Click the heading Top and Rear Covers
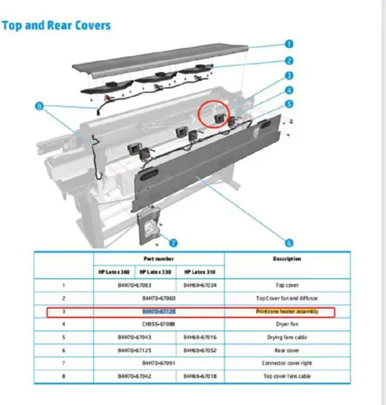56,25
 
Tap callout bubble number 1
289,44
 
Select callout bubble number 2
289,60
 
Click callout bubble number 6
289,243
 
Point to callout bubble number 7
173,243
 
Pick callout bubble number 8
40,106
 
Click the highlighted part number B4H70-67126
159,312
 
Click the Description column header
287,259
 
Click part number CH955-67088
159,325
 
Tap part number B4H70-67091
159,363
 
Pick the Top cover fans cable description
287,376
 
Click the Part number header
158,258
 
